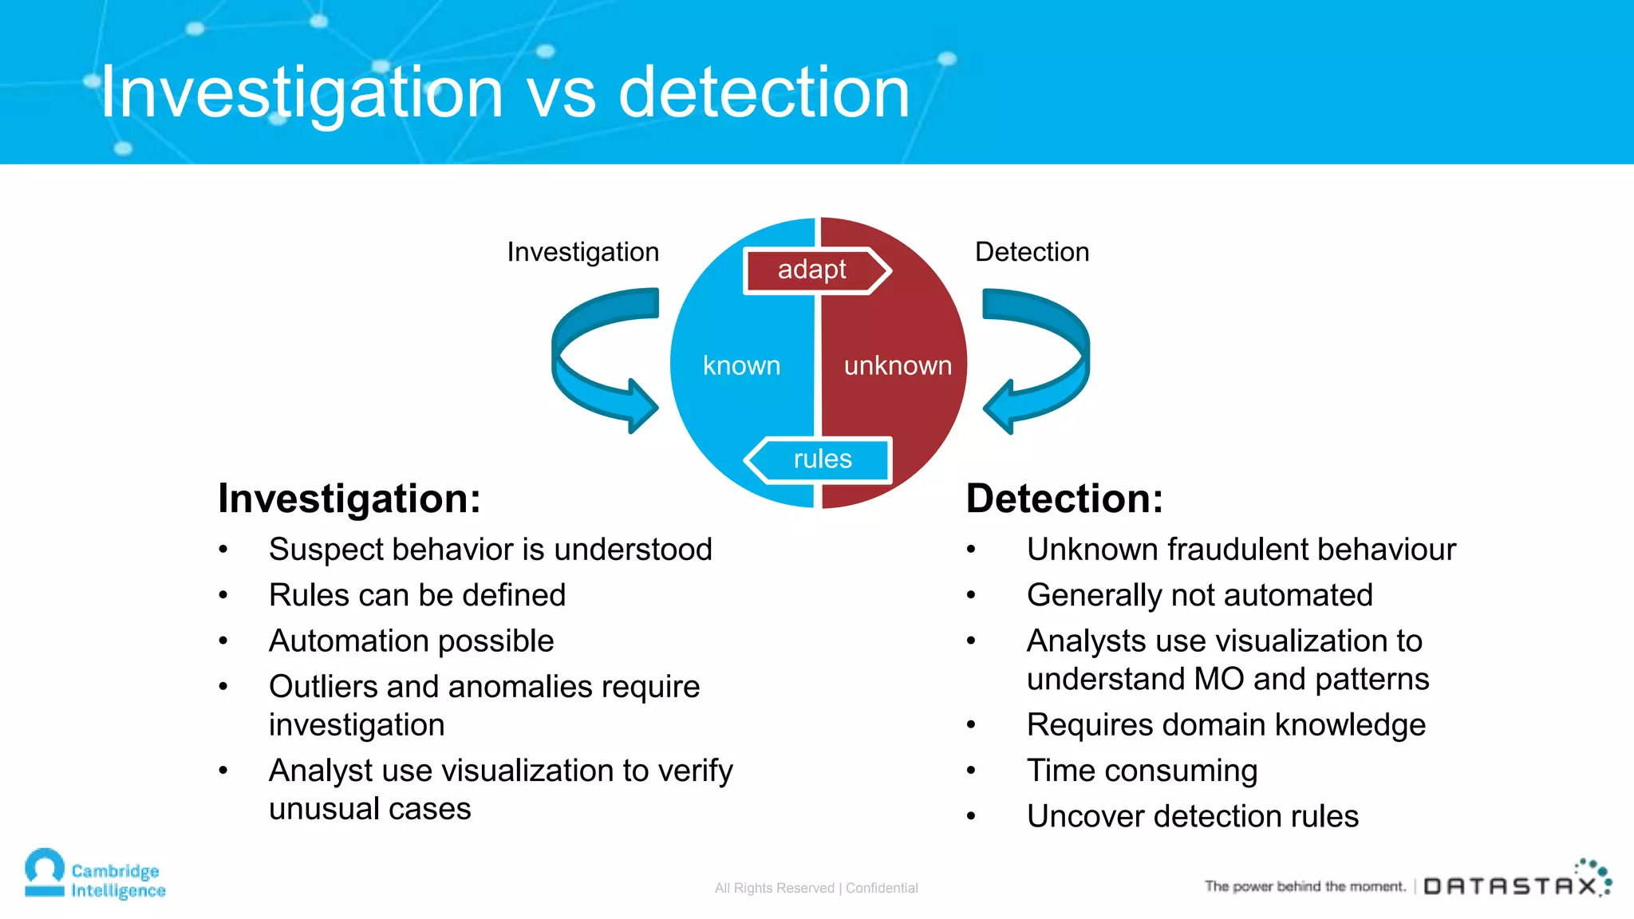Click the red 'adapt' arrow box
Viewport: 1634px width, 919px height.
coord(814,270)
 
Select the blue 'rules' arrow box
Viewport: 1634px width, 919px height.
coord(820,459)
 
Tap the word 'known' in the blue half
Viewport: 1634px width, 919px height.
coord(741,365)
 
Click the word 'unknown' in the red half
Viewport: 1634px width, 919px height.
coord(898,365)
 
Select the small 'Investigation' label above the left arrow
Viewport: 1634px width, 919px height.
coord(582,252)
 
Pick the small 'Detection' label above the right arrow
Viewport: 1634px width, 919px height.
coord(1032,252)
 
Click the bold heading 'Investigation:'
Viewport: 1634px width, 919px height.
coord(349,499)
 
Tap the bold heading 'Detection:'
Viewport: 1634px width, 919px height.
coord(1064,499)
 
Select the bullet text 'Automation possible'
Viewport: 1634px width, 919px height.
coord(411,641)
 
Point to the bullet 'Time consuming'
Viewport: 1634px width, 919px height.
coord(1142,771)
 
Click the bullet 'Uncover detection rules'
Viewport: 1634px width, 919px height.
coord(1192,816)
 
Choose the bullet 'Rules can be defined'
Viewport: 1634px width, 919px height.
coord(416,595)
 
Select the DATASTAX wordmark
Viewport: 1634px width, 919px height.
coord(1510,885)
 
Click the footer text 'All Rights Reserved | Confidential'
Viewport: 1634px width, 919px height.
coord(816,888)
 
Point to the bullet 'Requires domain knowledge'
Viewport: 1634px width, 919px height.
coord(1225,725)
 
